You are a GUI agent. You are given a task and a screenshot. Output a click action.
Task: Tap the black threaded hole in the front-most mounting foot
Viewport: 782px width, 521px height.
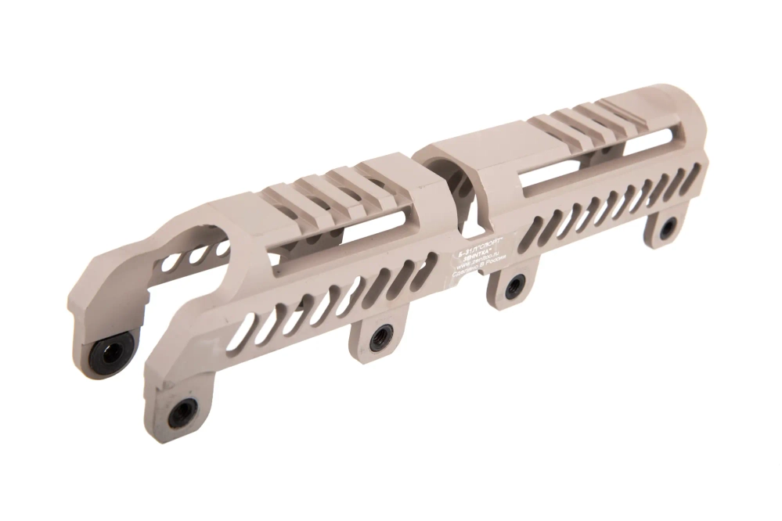pyautogui.click(x=182, y=411)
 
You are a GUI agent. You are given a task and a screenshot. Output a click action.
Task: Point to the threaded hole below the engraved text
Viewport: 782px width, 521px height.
pyautogui.click(x=516, y=285)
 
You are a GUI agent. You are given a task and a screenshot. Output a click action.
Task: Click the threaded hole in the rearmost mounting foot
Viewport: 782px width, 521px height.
pyautogui.click(x=668, y=228)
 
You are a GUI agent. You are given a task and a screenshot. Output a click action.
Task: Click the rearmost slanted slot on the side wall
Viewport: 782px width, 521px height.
pyautogui.click(x=689, y=181)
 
